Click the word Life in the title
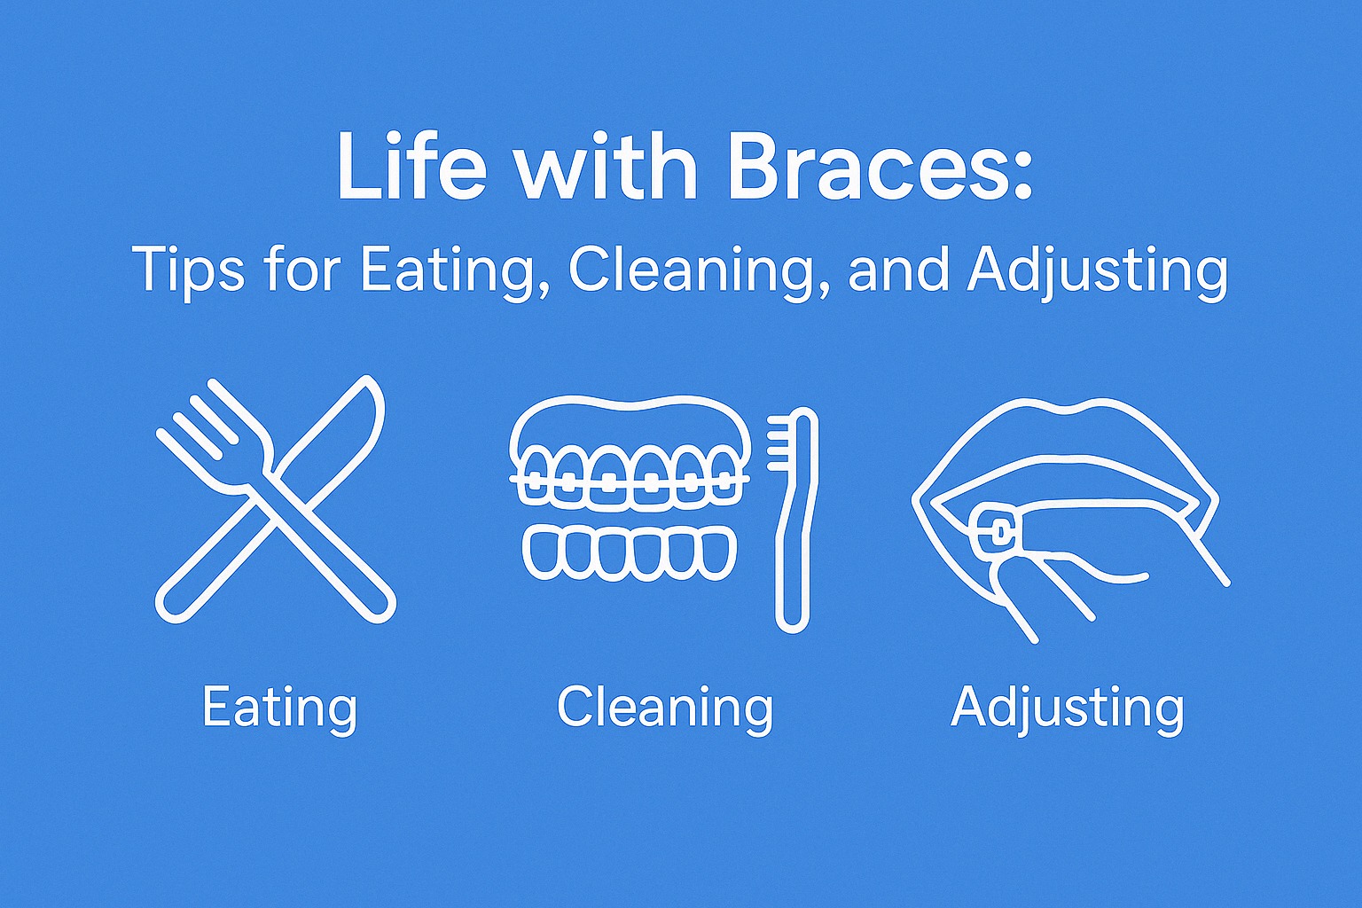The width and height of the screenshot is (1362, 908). coord(412,166)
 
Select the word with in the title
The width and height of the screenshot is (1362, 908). coord(607,166)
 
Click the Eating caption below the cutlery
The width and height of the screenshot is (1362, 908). coord(279,708)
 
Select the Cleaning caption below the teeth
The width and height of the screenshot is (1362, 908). coord(664,708)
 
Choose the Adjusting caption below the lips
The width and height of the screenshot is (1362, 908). coord(1067,708)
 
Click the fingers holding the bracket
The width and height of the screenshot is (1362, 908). coord(1052,583)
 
